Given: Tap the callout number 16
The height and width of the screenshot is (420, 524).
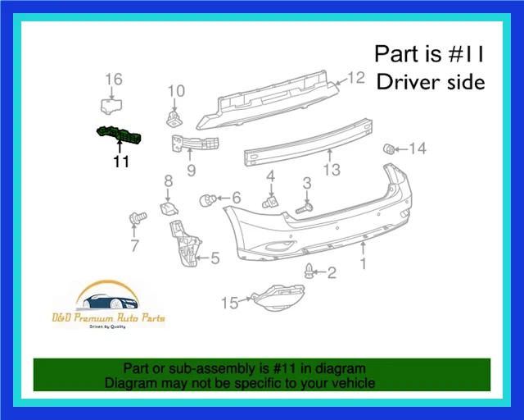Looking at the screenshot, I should (114, 80).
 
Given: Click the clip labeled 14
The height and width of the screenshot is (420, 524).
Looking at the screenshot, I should (391, 148).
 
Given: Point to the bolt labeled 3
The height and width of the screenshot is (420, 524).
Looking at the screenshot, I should (305, 208).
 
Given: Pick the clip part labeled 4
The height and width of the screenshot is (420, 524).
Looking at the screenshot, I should (269, 201).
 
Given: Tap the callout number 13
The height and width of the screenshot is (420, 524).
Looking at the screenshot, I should (330, 170).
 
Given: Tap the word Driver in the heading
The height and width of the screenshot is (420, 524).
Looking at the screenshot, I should (404, 82).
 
